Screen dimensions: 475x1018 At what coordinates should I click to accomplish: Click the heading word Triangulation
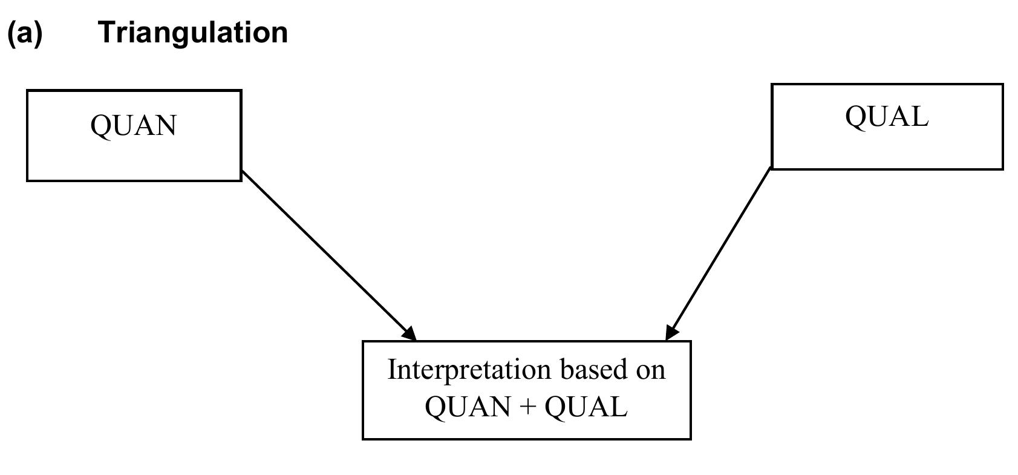193,32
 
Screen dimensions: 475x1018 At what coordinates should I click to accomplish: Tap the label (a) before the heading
25,33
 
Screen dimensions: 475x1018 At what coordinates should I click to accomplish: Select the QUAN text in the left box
133,126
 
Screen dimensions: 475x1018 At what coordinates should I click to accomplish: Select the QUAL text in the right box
886,116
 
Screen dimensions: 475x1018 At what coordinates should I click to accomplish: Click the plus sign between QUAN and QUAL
527,407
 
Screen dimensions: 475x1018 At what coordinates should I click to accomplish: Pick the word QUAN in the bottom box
468,407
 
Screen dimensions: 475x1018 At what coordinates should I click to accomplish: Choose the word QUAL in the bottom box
586,407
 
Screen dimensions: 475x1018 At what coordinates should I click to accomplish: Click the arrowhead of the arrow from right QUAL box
670,332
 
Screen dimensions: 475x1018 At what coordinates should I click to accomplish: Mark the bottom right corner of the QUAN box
241,180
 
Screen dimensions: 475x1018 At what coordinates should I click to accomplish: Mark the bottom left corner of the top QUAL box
772,168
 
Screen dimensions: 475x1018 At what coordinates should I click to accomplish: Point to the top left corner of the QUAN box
28,91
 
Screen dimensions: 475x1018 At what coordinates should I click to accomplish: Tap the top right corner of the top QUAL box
1002,85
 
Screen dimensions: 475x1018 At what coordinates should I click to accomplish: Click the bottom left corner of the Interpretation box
363,438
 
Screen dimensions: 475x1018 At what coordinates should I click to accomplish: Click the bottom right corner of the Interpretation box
690,438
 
